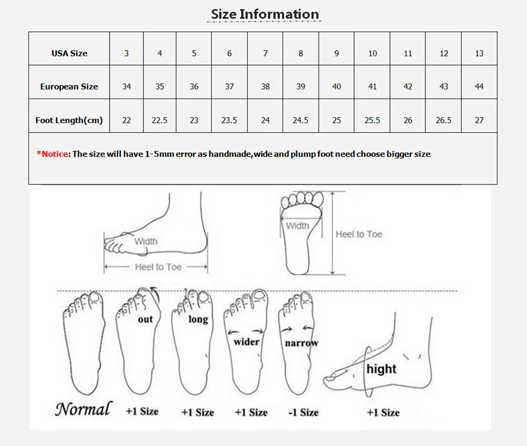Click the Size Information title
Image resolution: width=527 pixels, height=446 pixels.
265,14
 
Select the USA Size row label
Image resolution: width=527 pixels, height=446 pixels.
69,53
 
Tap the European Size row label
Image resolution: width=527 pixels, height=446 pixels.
69,86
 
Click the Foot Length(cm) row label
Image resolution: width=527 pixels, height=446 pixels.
69,120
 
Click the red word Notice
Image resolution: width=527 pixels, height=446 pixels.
55,154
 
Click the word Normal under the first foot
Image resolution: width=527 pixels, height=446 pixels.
84,409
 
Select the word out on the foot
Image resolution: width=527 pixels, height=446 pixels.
145,319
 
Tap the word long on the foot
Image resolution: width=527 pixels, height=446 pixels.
198,319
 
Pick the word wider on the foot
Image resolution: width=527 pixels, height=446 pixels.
246,342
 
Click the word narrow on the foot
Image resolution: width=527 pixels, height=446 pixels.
301,343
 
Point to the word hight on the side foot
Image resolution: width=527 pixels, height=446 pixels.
381,369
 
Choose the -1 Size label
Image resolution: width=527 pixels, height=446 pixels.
303,412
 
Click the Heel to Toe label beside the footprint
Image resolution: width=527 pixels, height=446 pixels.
358,234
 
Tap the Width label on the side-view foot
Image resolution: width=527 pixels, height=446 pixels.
146,241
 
